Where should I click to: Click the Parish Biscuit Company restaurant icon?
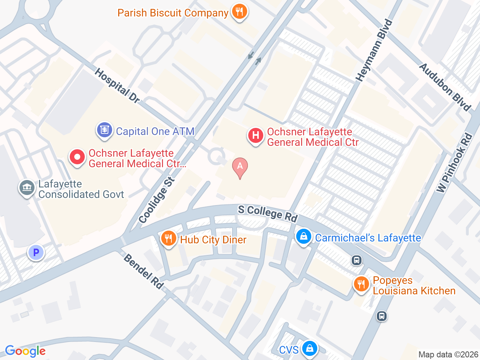(239, 12)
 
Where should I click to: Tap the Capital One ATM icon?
(104, 130)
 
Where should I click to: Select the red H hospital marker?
(255, 135)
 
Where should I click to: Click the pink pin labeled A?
(240, 167)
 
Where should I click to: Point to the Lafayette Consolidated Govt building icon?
(27, 187)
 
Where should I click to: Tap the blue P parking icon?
(36, 253)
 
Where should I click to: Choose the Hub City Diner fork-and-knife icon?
(168, 238)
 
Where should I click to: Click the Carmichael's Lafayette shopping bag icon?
(303, 237)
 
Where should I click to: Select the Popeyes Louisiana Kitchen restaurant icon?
(361, 284)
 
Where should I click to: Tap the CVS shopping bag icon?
(310, 349)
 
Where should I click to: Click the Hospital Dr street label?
(117, 85)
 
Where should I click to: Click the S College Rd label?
(268, 213)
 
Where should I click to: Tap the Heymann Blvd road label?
(374, 51)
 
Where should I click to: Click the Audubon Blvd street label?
(445, 87)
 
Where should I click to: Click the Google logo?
(25, 351)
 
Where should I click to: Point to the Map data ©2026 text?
(448, 354)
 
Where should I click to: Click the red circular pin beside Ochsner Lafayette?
(77, 157)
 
